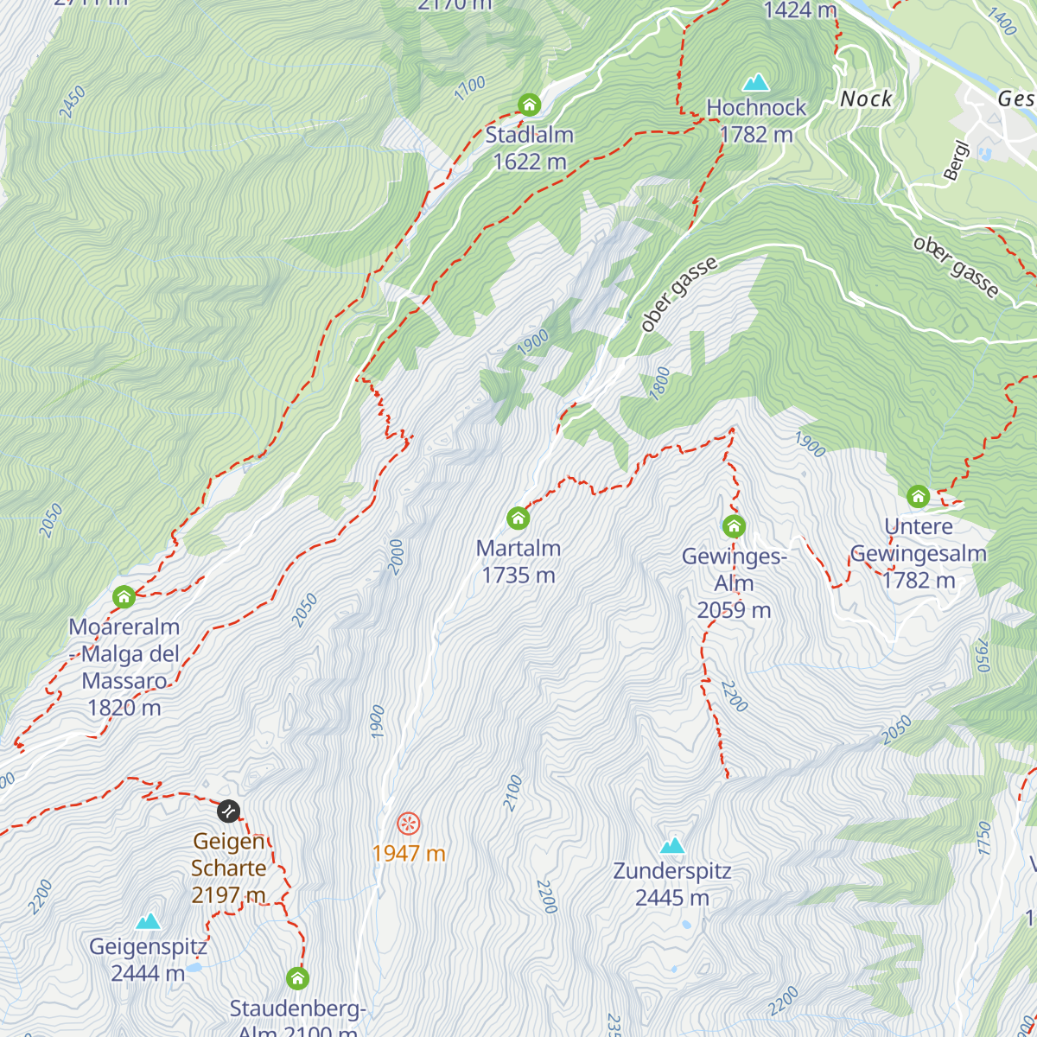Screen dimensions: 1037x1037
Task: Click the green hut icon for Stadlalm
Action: (529, 105)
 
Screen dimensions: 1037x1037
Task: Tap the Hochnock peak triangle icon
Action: (756, 83)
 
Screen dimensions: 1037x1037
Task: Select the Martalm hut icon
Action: (518, 518)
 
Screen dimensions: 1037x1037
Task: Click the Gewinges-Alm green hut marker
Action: (734, 526)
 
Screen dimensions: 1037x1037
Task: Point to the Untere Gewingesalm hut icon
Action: (918, 497)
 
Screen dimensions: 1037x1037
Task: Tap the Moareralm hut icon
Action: (124, 597)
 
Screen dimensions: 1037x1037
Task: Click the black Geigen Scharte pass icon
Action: (228, 811)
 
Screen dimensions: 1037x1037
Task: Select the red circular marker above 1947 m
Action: (409, 824)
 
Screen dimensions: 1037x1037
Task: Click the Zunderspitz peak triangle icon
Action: (672, 845)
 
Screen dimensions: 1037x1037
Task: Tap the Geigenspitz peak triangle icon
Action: (148, 921)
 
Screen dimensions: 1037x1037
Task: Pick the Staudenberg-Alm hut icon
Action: (297, 978)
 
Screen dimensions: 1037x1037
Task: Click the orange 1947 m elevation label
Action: (409, 854)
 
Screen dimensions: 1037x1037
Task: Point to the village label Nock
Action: (866, 99)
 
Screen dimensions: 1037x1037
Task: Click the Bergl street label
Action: (956, 161)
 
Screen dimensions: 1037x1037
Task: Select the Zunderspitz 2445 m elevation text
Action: (672, 898)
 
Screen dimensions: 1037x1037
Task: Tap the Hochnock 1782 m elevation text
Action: (756, 135)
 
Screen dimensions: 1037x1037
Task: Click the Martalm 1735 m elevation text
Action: (518, 576)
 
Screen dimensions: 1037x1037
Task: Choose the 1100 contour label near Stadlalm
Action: (470, 88)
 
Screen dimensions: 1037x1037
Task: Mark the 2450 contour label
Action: (73, 102)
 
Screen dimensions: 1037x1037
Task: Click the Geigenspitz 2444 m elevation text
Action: (148, 974)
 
